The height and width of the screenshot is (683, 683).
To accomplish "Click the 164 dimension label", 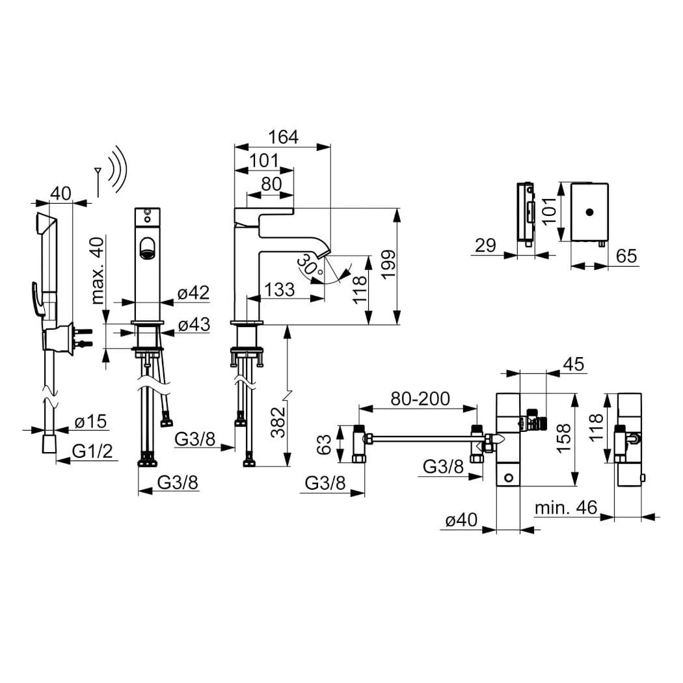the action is click(283, 137).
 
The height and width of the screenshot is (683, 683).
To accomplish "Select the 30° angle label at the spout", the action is click(309, 265).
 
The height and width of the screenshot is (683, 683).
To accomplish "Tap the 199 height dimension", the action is click(387, 264).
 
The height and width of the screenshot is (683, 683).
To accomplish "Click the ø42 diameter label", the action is click(193, 293).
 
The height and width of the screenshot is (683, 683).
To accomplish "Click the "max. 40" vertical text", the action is click(98, 270).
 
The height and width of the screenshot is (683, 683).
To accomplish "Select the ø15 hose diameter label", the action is click(90, 422).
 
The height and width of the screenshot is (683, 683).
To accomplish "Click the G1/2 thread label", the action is click(92, 451).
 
